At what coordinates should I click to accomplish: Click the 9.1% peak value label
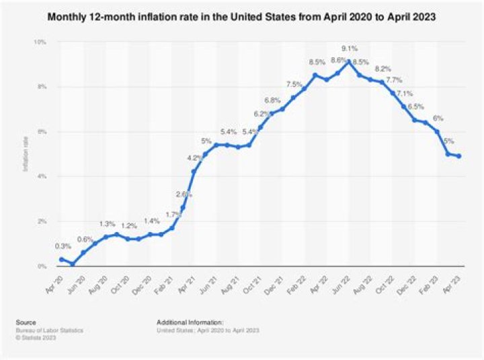349,48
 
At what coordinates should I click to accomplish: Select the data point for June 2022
348,61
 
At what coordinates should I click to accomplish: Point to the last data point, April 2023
459,156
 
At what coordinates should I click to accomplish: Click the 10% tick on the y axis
40,42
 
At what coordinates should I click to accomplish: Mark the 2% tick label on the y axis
42,221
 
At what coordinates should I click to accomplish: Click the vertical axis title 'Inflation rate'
26,154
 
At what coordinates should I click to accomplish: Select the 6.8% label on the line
272,100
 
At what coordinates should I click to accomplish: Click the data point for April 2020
61,259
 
